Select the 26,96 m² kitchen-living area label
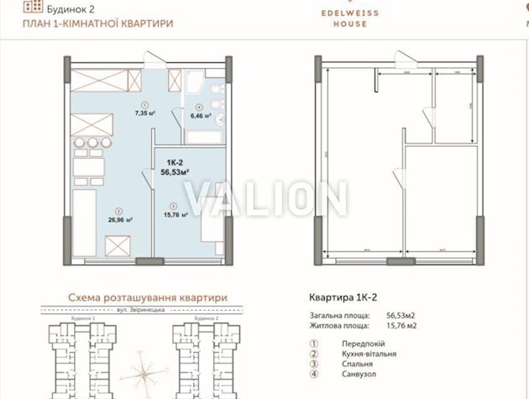coord(123,220)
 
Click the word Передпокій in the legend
coord(363,344)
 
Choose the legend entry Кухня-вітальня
coord(369,354)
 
